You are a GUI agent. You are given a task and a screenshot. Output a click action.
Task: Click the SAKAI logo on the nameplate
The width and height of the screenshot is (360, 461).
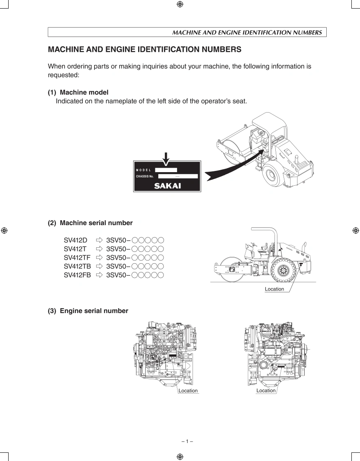coord(167,186)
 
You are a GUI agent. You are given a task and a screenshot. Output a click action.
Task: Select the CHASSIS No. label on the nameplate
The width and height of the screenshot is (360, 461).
coord(145,177)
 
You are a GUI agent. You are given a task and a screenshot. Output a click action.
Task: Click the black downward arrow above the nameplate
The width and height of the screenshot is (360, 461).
coord(166,158)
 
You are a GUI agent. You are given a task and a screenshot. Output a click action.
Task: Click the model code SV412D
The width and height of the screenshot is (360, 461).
coord(76,240)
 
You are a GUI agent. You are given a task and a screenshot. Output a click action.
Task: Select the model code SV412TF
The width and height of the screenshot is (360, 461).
coord(77,258)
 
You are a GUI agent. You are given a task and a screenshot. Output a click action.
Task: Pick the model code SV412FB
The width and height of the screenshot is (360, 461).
coord(77,275)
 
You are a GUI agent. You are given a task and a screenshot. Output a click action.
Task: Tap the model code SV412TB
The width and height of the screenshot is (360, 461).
coord(77,266)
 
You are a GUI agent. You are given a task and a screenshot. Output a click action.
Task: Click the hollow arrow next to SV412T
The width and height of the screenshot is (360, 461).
coord(99,249)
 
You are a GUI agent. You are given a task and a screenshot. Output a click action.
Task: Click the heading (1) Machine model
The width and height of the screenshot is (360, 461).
coord(78,92)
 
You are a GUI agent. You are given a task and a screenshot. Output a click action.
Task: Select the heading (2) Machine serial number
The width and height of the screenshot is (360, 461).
coord(90,223)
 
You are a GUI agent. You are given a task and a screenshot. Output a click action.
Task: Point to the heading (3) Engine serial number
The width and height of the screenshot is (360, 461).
coord(88,311)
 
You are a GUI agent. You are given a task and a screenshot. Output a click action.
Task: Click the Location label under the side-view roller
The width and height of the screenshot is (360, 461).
coord(274,289)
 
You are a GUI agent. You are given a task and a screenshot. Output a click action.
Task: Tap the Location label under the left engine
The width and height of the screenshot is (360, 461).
coord(188,391)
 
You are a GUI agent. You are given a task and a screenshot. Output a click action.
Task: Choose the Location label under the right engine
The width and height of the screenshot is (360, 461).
coord(266,391)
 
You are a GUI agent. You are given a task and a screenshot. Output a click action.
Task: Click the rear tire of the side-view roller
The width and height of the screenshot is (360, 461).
coord(283,270)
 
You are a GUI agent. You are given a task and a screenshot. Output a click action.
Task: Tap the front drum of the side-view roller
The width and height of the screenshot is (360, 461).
coord(230,270)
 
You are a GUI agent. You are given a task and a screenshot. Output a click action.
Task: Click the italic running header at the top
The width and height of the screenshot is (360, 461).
coord(247,32)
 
